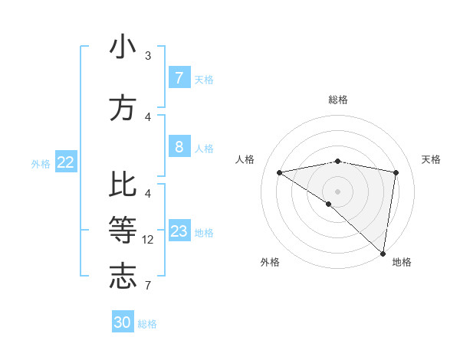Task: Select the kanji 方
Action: [x=123, y=107]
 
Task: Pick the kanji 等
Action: [x=123, y=228]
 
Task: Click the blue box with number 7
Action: [x=179, y=78]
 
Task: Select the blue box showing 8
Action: [x=179, y=147]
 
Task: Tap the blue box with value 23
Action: [x=179, y=231]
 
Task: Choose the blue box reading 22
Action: [x=66, y=162]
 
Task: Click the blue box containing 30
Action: [x=123, y=322]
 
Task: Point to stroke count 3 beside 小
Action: [x=148, y=56]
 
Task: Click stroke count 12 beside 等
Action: [x=148, y=240]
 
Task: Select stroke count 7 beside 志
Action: [x=148, y=286]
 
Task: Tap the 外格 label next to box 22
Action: [x=41, y=163]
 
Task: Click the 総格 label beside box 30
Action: [x=147, y=324]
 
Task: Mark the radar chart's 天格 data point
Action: [x=396, y=172]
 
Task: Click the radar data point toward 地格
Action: [x=383, y=252]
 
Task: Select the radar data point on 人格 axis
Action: [x=279, y=172]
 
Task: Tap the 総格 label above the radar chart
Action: [x=337, y=100]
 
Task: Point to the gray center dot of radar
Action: [x=337, y=191]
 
